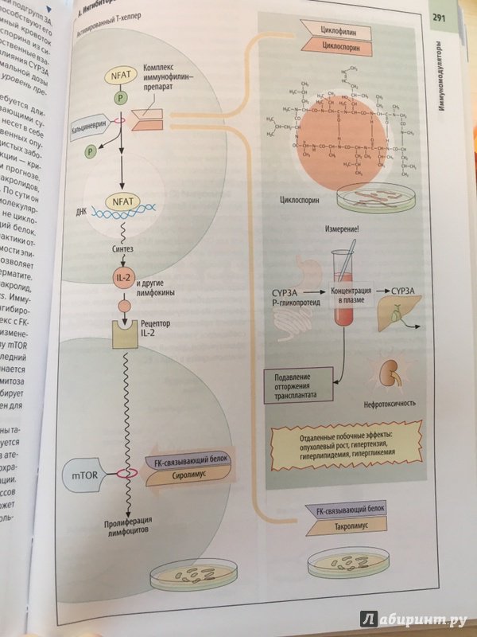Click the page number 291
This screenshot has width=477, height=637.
(439, 19)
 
